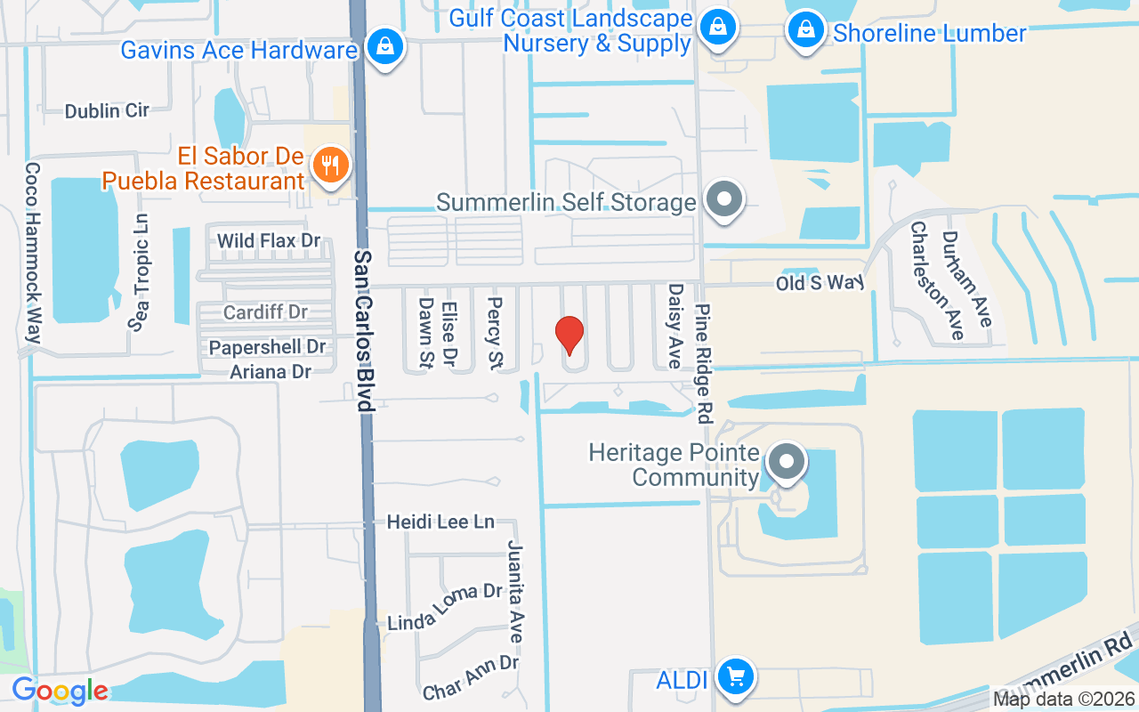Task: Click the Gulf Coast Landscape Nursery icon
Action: pyautogui.click(x=715, y=28)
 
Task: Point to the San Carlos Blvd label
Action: pyautogui.click(x=363, y=330)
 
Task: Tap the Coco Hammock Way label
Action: pyautogui.click(x=34, y=253)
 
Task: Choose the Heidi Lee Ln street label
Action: pyautogui.click(x=440, y=522)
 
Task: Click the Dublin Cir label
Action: pyautogui.click(x=107, y=110)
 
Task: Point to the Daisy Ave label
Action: pyautogui.click(x=675, y=326)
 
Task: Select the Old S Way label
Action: pyautogui.click(x=820, y=283)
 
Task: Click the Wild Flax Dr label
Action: pyautogui.click(x=269, y=241)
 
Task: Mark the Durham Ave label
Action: pyautogui.click(x=965, y=278)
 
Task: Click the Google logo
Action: pyautogui.click(x=60, y=691)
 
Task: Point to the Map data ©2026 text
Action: pyautogui.click(x=1063, y=699)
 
